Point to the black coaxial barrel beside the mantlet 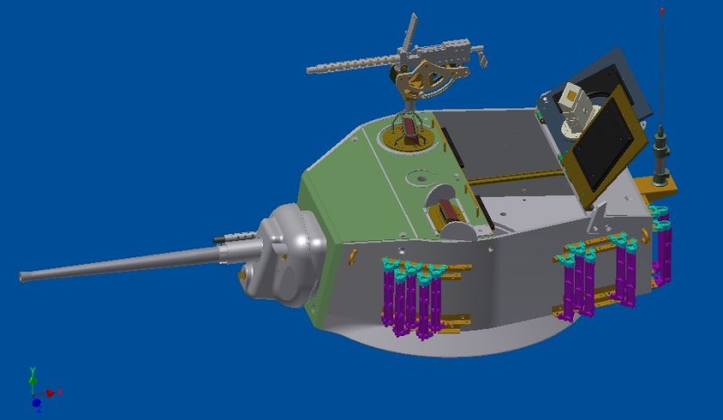pyautogui.click(x=231, y=238)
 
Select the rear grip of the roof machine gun pyautogui.click(x=482, y=59)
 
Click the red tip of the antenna pyautogui.click(x=662, y=12)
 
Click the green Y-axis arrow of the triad pyautogui.click(x=33, y=374)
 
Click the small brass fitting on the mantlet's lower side pyautogui.click(x=242, y=272)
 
